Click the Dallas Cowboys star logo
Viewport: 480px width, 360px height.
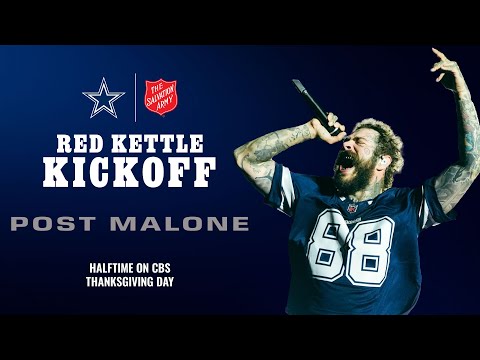click(x=104, y=97)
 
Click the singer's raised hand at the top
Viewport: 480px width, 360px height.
click(x=445, y=68)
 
